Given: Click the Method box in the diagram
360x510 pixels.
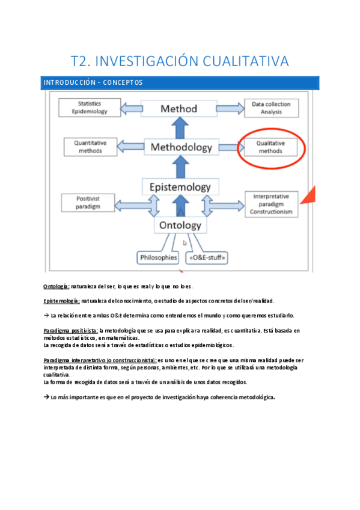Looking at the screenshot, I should (x=178, y=109).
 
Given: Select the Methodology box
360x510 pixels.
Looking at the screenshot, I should (x=181, y=147).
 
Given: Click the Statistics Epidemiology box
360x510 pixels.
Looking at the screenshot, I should (x=89, y=108).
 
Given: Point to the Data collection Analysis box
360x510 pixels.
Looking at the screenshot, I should (x=271, y=108).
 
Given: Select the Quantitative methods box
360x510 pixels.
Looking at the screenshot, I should (x=90, y=147).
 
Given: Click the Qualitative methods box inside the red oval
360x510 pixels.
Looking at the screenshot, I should (x=270, y=147).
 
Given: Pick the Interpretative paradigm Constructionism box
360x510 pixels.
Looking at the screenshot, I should (x=272, y=204).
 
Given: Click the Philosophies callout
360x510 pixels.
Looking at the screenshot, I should (x=159, y=257).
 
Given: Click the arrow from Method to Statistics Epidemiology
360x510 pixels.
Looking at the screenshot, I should (x=130, y=109).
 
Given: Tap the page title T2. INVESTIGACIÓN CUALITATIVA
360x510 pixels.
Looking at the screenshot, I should (x=180, y=61).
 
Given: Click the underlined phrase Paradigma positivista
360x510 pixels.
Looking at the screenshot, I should (x=71, y=330).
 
